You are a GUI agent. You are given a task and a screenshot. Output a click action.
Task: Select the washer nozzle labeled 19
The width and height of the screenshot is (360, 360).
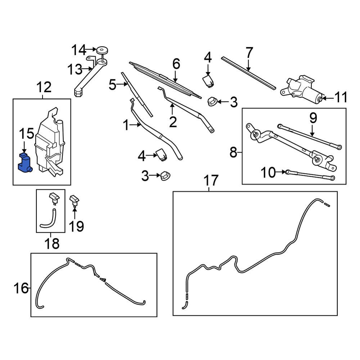point(75,200)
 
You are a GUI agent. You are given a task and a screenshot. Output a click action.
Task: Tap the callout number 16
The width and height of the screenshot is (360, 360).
point(21,288)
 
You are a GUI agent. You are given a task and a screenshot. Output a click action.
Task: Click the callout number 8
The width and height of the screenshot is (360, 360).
point(233,153)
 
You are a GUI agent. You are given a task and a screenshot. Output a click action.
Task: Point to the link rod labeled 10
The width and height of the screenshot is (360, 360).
point(310,175)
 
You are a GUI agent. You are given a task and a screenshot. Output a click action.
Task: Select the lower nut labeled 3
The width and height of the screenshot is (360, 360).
point(166,176)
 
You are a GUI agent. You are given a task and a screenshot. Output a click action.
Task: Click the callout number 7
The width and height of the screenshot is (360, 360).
point(249,53)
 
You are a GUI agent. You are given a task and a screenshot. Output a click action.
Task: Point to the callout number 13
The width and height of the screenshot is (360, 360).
point(75,69)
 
